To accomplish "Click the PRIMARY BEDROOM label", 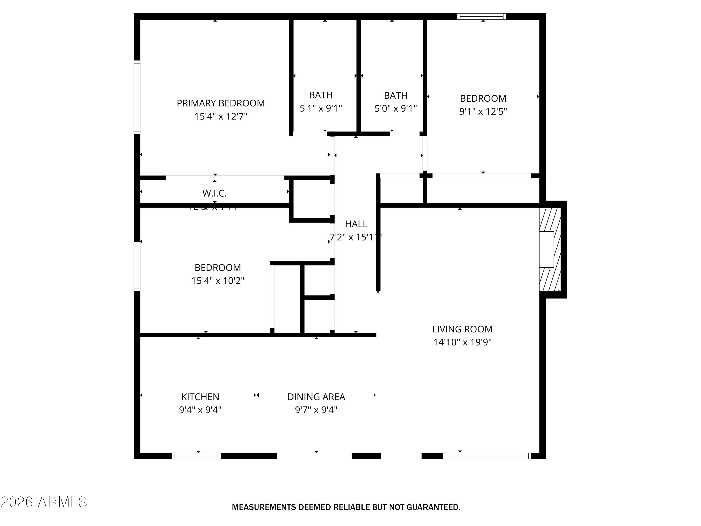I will (221, 103).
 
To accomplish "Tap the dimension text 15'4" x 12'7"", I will (221, 116).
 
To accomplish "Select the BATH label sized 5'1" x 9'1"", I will (321, 95).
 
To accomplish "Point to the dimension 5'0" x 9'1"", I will (396, 109).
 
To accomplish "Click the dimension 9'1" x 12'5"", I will (483, 112).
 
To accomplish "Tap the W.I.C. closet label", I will (215, 193).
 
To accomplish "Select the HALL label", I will (356, 224).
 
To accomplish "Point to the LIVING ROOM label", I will (462, 329).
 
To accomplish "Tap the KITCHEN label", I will (200, 397).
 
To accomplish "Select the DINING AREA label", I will (316, 397).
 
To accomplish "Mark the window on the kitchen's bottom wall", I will (197, 456).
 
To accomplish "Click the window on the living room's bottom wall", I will (487, 456).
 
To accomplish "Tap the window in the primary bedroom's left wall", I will (137, 97).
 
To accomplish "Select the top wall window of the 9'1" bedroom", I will (481, 17).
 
